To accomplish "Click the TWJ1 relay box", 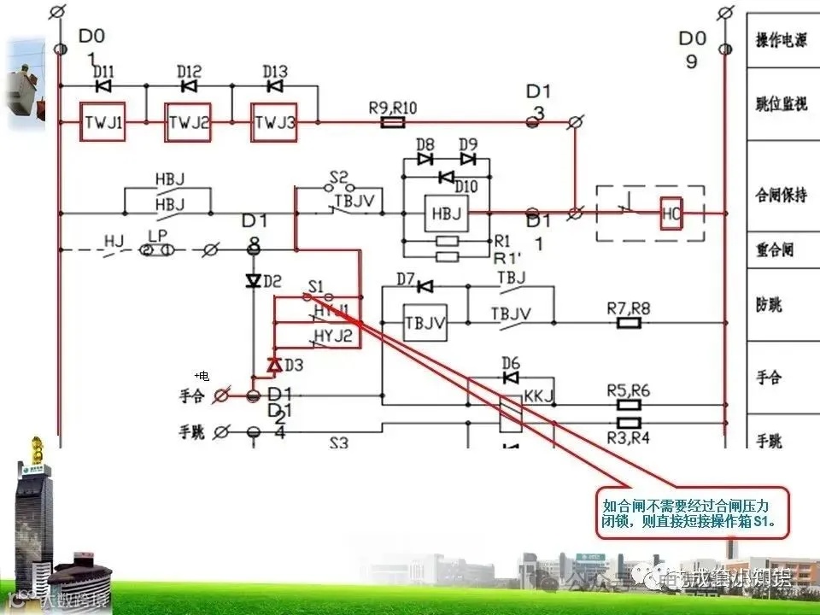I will pos(103,123).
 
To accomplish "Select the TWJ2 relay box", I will pos(188,123).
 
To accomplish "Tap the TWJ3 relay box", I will pos(274,123).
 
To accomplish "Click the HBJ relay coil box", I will pos(446,213).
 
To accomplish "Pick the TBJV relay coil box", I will pos(425,322).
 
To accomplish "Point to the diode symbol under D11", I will pos(103,85).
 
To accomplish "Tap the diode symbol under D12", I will pos(189,85).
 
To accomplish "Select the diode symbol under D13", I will pos(274,85).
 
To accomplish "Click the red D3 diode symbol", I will pos(274,365).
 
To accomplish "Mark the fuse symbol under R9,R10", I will pos(391,123).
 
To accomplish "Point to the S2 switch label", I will pos(339,177).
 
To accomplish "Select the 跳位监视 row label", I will pos(781,104).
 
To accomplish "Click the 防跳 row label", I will pos(769,305).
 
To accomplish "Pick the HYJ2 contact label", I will pos(333,335).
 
